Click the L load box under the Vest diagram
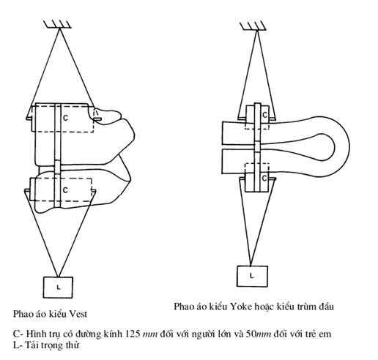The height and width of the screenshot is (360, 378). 58,288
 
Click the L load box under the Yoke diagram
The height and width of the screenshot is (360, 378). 252,276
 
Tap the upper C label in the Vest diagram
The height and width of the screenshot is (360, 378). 65,118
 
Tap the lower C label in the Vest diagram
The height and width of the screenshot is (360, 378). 65,190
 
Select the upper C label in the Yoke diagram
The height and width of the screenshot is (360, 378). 264,115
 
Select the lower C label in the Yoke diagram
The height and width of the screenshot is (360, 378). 264,179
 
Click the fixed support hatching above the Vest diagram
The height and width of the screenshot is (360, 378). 58,24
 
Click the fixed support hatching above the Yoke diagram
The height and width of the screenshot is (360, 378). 253,26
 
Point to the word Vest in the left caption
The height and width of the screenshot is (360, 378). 78,314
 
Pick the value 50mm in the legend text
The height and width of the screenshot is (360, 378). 258,334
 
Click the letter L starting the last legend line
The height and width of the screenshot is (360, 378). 16,345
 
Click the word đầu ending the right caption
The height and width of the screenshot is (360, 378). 326,306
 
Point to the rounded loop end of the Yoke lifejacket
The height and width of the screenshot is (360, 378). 342,146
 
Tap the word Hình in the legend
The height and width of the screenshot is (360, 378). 35,334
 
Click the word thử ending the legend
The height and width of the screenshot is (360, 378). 73,345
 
